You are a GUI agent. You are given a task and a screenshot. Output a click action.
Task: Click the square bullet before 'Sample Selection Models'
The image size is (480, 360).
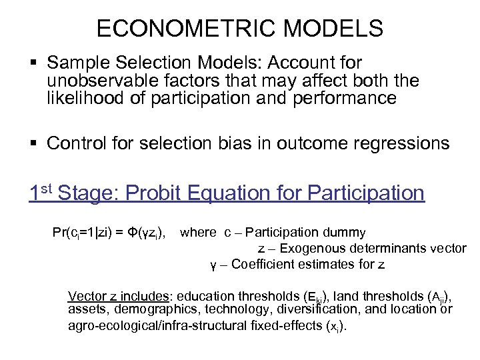[x=35, y=63]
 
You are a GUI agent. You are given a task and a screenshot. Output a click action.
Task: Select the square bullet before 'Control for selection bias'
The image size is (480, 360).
[x=35, y=143]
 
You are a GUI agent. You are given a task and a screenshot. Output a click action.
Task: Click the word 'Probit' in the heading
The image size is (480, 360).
[x=155, y=193]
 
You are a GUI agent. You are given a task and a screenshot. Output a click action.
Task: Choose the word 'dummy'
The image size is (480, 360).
[x=343, y=233]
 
